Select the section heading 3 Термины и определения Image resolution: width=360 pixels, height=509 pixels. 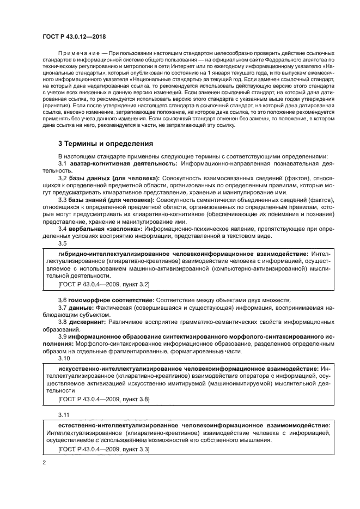[x=106, y=144]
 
